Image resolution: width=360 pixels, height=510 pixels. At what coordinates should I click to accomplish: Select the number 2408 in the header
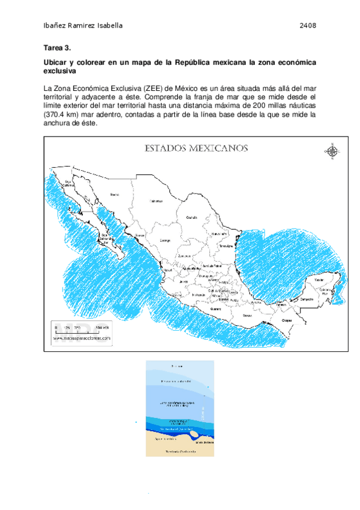click(x=308, y=26)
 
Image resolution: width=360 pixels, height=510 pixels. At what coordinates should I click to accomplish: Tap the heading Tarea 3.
click(x=58, y=48)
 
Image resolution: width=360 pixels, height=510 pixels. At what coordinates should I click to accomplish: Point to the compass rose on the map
click(x=331, y=150)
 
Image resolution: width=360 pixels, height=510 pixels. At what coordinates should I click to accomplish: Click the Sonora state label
click(x=114, y=194)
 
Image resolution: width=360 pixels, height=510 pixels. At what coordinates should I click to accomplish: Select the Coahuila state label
click(x=192, y=217)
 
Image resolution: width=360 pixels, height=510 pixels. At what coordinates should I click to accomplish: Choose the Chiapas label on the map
click(x=288, y=321)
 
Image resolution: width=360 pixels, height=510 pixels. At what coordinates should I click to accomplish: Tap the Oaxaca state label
click(x=248, y=315)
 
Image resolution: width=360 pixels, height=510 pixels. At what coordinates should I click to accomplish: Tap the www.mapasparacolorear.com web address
click(x=82, y=339)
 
